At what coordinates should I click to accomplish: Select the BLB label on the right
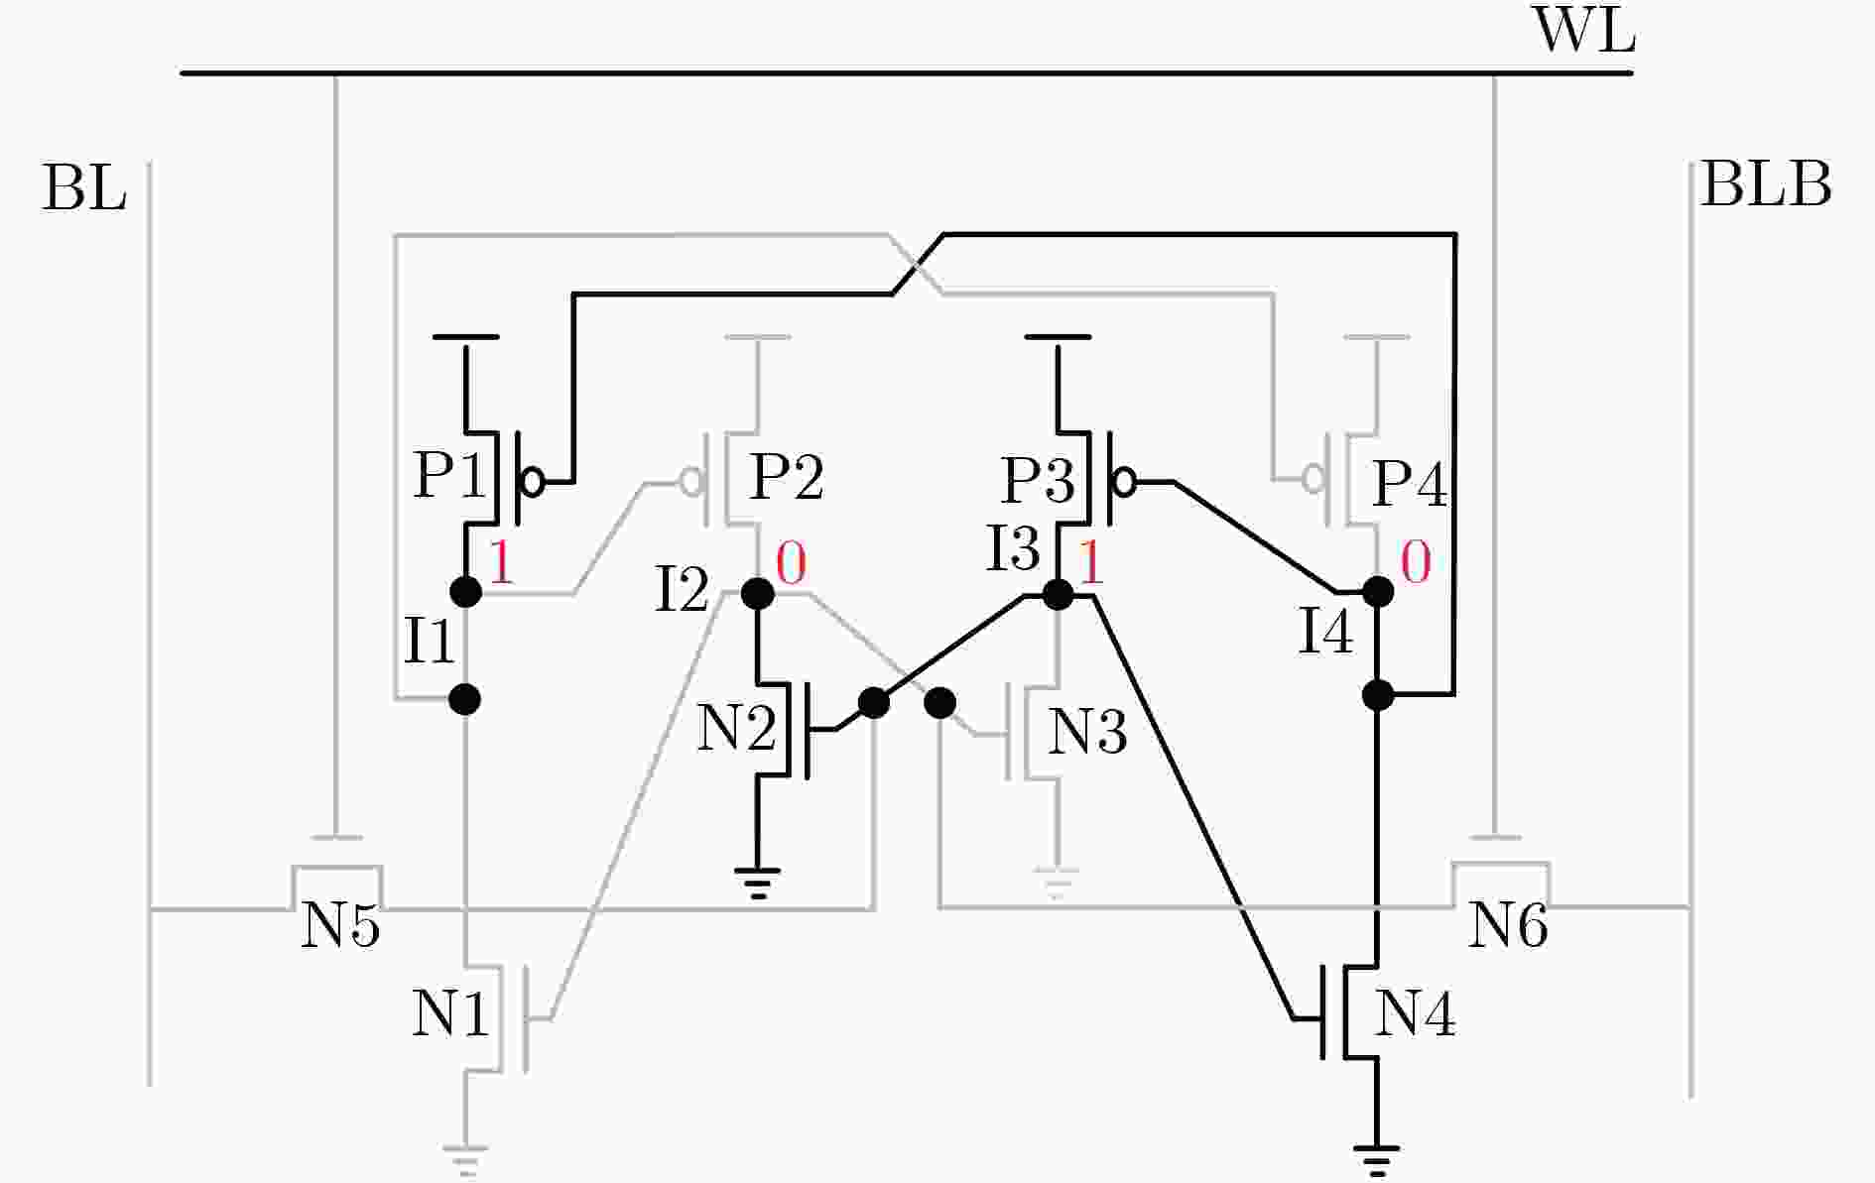pos(1766,184)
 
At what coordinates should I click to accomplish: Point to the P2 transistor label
pos(787,477)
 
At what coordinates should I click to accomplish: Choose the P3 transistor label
pos(1038,480)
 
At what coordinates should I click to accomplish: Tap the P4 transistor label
pos(1409,484)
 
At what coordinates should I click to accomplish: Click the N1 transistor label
pos(450,1013)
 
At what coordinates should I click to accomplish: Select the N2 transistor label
pos(737,729)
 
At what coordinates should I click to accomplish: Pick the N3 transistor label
pos(1087,733)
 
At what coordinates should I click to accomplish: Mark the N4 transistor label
pos(1416,1013)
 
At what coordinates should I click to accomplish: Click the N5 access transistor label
pos(340,926)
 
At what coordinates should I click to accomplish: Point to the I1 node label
pos(430,640)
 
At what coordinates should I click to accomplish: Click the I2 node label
pos(683,589)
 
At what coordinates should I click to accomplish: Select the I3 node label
pos(1013,548)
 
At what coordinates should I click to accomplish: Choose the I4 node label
pos(1326,631)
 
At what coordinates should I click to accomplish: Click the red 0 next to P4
pos(1416,562)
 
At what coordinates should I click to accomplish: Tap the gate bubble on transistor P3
pos(1124,482)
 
